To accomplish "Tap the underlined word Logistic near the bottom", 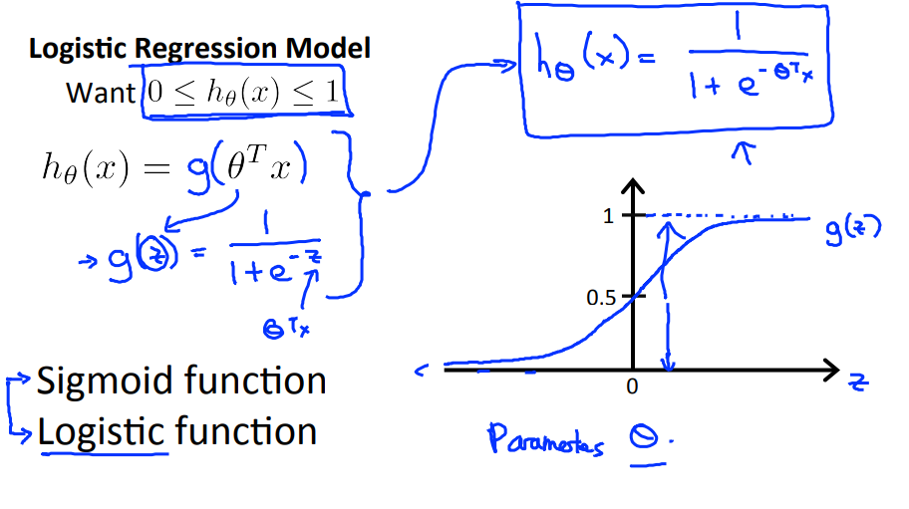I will pos(101,432).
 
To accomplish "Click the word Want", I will pos(100,93).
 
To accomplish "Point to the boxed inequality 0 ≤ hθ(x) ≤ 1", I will pos(243,94).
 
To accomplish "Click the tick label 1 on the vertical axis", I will pos(609,215).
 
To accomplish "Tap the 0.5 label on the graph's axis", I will pos(603,297).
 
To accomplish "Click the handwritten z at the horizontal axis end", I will pos(859,382).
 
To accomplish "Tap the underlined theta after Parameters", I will pos(649,439).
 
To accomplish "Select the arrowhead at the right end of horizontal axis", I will pos(833,373).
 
